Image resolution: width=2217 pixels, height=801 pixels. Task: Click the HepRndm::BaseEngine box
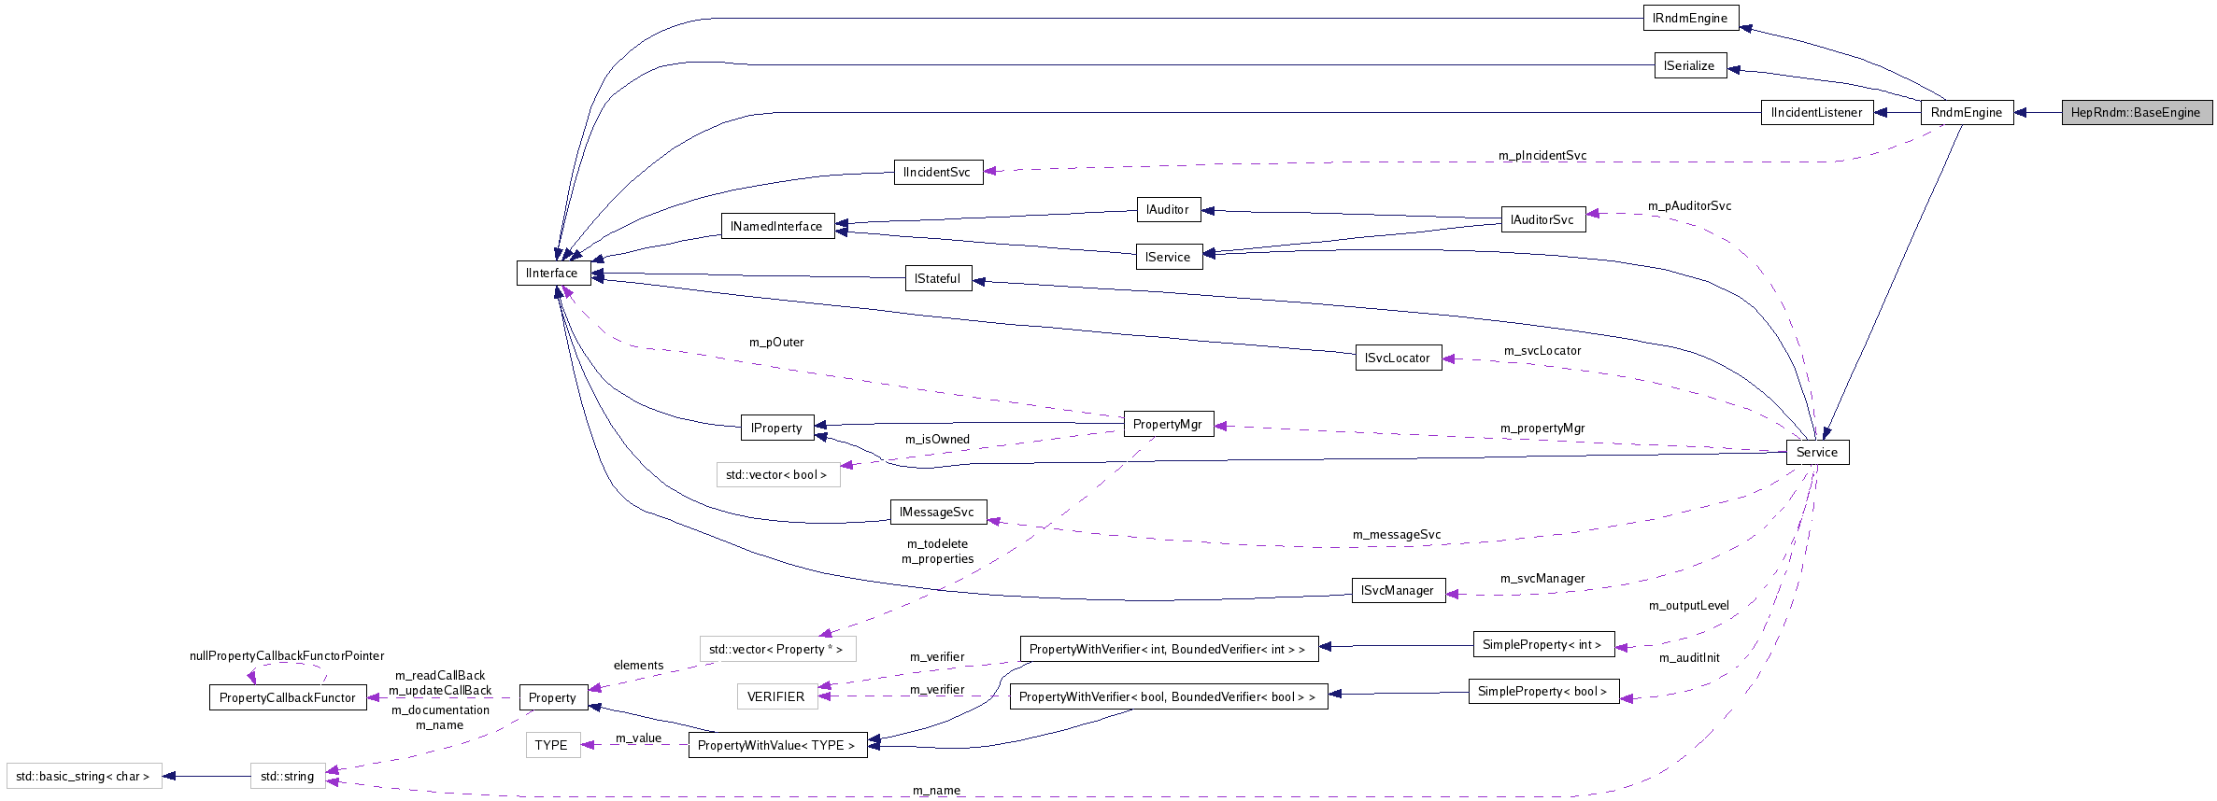coord(2137,112)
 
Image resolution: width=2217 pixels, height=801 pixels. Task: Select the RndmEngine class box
coord(1966,112)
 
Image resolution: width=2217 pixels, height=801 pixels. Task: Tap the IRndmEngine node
coord(1690,18)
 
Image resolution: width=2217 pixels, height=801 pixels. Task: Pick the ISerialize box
coord(1689,65)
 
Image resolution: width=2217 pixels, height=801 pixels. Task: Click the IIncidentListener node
coord(1816,112)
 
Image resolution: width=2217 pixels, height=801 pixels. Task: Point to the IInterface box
coord(552,273)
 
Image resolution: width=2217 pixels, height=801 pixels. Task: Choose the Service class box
coord(1816,452)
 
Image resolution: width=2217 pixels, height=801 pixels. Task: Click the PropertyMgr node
coord(1167,424)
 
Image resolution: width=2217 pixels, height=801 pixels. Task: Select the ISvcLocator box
coord(1398,358)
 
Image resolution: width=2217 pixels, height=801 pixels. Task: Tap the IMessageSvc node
coord(937,512)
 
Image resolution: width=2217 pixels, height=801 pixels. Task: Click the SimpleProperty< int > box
coord(1542,644)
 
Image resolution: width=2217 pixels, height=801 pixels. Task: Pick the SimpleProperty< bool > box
coord(1543,691)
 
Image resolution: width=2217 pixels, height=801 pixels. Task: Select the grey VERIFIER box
coord(776,696)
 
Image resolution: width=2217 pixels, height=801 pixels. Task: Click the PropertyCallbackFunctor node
coord(288,697)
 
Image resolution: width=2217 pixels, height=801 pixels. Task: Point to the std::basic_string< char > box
coord(83,776)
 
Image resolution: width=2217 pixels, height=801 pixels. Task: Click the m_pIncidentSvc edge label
coord(1542,155)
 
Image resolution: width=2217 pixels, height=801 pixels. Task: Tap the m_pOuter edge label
coord(776,342)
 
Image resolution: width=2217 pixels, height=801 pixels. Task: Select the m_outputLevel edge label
coord(1688,605)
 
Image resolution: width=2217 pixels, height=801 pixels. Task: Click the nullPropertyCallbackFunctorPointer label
coord(287,655)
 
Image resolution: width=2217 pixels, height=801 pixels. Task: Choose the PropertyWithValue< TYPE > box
coord(777,745)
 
